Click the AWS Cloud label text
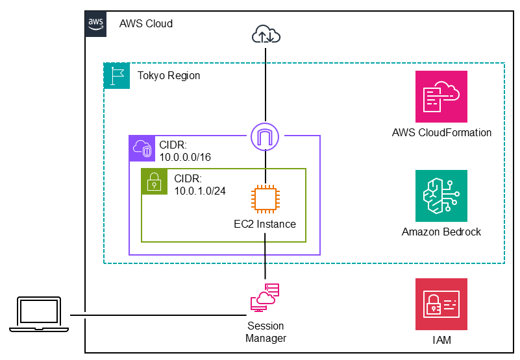[x=146, y=24]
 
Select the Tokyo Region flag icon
[x=117, y=76]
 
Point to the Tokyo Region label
[x=169, y=76]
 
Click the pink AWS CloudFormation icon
[x=441, y=97]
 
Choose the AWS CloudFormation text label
[x=441, y=133]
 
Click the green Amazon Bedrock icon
[x=441, y=196]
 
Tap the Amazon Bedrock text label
[x=441, y=232]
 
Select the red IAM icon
[x=441, y=304]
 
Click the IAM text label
[x=441, y=340]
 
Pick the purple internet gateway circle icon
[x=266, y=136]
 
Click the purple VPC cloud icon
[x=142, y=149]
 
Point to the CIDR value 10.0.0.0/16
[x=185, y=157]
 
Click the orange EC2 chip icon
[x=266, y=198]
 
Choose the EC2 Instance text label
[x=265, y=224]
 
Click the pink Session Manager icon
[x=266, y=298]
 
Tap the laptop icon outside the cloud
[x=39, y=315]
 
